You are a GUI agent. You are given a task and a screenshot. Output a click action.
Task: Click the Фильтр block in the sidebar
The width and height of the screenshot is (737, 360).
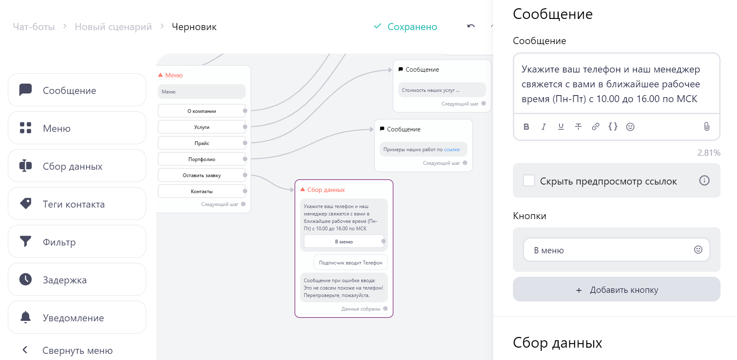tap(77, 242)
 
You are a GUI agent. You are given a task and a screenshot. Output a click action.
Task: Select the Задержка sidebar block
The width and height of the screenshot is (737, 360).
tap(77, 280)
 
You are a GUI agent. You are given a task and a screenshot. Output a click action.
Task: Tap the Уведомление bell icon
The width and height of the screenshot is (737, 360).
tap(26, 317)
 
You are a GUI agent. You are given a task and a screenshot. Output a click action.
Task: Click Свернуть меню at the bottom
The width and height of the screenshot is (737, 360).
tap(77, 351)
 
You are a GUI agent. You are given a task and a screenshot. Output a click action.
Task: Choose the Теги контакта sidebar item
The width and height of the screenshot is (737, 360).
tap(77, 204)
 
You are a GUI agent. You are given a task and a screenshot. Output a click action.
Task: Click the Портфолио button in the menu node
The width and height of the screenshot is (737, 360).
tap(202, 159)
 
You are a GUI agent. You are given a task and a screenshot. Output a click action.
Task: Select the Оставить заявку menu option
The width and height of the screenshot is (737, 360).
tap(202, 175)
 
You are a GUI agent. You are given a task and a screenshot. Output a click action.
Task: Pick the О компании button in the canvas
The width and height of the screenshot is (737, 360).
tap(202, 111)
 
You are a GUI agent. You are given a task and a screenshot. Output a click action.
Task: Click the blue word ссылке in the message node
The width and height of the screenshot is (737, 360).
tap(452, 150)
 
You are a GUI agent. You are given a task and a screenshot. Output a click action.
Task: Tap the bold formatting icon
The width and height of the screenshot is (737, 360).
tap(526, 127)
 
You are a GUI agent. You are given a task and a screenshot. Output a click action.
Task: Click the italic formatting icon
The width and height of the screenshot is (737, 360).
tap(544, 127)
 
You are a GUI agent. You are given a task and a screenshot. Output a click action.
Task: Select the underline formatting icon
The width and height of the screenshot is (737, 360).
tap(561, 127)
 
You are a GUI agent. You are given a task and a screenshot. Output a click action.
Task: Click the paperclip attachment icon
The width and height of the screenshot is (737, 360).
tap(707, 126)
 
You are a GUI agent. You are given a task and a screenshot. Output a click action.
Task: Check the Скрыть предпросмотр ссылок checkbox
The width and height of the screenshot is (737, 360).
tap(529, 180)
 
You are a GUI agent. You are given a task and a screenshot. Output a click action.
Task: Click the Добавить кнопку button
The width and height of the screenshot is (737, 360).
tap(617, 290)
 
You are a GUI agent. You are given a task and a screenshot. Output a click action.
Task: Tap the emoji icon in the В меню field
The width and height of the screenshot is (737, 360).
tap(698, 250)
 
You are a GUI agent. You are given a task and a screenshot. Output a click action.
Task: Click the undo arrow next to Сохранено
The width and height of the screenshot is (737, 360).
tap(471, 26)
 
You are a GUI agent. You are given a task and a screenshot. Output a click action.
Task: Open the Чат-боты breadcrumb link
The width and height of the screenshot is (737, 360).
tap(34, 27)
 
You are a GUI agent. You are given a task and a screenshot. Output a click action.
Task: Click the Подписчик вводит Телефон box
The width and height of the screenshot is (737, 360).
tap(351, 262)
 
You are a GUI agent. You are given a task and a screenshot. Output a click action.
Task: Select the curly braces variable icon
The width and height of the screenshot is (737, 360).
tap(613, 127)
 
